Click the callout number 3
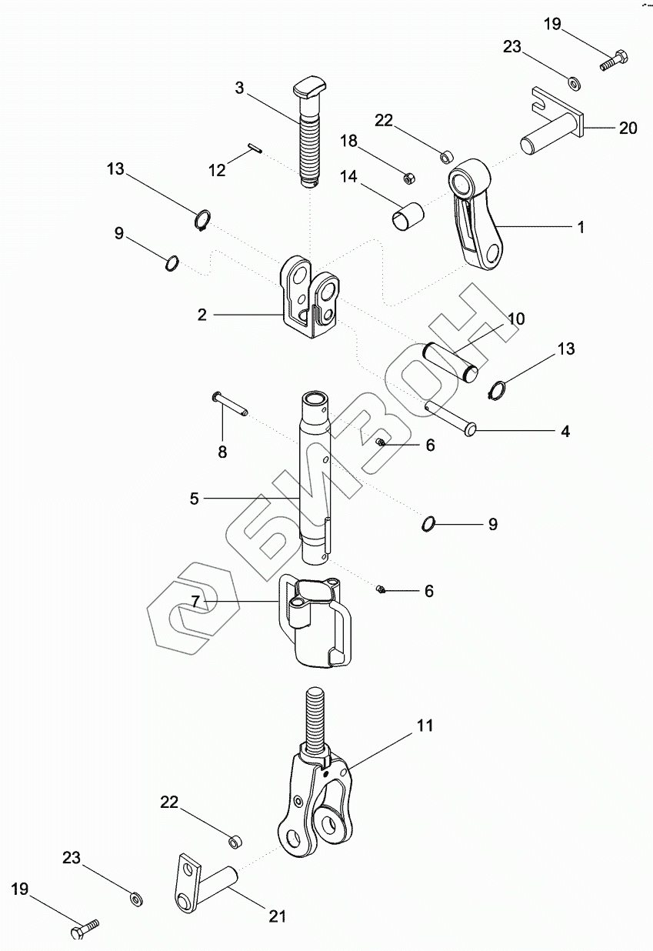pos(239,88)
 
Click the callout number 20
pos(628,128)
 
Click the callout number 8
pos(222,452)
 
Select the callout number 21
pos(277,916)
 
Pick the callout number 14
pos(348,177)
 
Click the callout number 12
pos(218,169)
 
